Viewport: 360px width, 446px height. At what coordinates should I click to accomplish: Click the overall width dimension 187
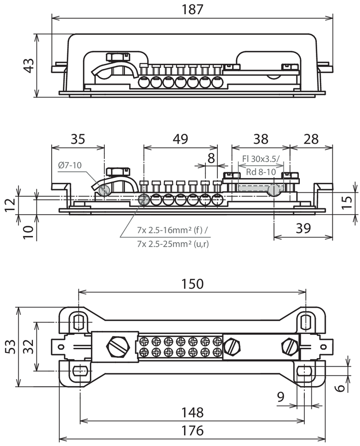coord(192,9)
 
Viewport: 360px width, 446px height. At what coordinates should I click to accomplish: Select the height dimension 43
coord(29,66)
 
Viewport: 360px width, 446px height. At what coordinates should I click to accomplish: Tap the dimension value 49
coord(180,139)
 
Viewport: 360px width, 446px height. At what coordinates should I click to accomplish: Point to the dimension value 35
coord(78,139)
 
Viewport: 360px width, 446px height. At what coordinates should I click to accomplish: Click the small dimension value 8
coord(211,158)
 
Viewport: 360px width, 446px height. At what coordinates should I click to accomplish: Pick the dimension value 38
coord(261,139)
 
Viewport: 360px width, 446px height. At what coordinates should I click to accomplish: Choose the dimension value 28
coord(311,139)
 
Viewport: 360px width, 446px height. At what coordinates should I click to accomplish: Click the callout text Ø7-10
coord(70,165)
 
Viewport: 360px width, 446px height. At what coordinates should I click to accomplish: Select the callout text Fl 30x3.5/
coord(261,159)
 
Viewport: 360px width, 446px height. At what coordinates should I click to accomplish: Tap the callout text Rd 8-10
coord(261,172)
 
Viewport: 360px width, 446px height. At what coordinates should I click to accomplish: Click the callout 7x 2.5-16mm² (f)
coord(172,230)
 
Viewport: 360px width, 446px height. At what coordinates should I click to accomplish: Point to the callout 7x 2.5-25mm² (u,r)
coord(173,244)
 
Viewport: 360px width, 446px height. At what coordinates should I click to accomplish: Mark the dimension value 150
coord(192,284)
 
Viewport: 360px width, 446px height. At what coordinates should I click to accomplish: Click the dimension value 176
coord(192,430)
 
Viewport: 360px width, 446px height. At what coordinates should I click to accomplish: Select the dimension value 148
coord(192,412)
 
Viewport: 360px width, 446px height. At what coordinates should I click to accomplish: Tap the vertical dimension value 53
coord(11,347)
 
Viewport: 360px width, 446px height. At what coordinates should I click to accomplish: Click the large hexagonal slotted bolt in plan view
coord(118,346)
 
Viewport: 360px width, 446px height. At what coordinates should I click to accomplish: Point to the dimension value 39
coord(303,228)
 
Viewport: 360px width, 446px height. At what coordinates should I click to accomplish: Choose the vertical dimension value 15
coord(347,202)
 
